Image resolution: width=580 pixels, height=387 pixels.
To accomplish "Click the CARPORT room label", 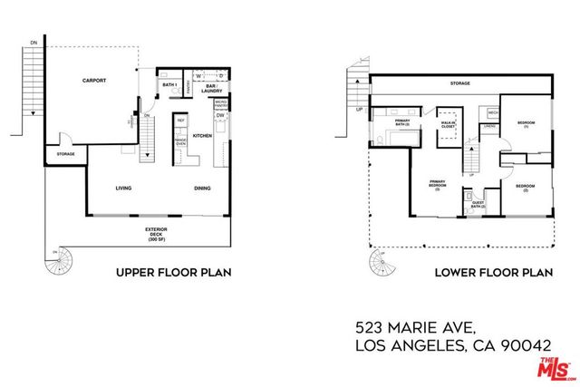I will tap(95, 81).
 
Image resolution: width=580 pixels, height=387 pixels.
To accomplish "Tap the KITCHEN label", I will tap(203, 136).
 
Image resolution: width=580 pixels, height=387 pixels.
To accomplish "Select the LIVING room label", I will tap(124, 189).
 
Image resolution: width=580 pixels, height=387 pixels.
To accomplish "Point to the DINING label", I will tap(202, 189).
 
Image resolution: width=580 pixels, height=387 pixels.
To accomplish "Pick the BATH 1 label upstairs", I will tap(169, 85).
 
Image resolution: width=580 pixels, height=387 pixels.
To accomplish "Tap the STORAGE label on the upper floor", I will tap(65, 154).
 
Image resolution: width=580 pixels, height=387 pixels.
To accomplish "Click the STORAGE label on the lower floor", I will tap(459, 83).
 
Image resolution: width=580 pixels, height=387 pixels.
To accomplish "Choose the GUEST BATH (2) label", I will tap(478, 205).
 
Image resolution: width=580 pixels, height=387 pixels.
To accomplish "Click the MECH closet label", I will tap(493, 112).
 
